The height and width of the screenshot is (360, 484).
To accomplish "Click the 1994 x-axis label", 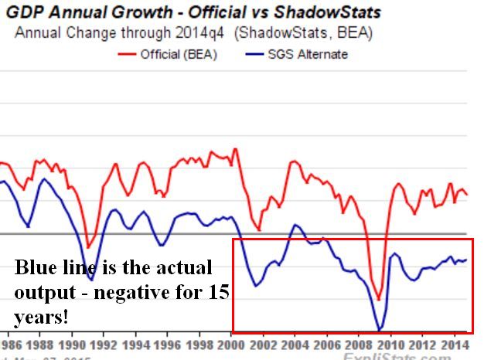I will (x=137, y=345).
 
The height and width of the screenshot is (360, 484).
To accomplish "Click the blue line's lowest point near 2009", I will (x=379, y=330).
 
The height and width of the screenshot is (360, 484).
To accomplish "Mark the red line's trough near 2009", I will (x=379, y=300).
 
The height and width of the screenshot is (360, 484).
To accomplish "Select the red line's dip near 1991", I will (x=89, y=248).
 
